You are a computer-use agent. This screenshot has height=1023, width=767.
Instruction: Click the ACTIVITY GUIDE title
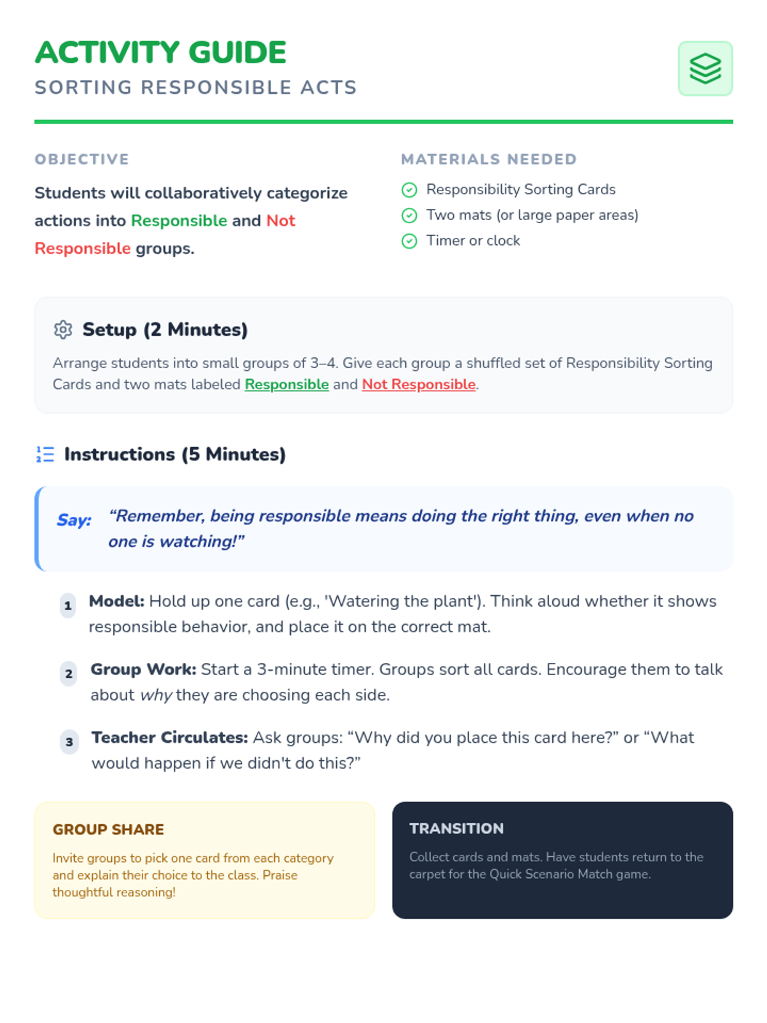point(160,52)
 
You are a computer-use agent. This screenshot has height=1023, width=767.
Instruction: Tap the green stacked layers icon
point(705,68)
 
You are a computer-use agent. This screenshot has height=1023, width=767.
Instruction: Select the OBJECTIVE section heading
point(82,159)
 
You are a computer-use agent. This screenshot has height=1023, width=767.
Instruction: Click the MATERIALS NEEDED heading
point(489,159)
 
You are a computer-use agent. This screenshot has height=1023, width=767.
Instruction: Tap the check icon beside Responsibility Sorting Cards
point(409,190)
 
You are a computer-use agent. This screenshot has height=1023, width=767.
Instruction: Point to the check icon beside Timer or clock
point(409,241)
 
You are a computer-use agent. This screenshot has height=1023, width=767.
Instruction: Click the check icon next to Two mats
point(409,215)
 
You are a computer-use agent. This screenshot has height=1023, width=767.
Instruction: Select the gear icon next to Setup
point(63,330)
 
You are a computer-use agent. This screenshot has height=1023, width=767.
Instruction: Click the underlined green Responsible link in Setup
point(286,384)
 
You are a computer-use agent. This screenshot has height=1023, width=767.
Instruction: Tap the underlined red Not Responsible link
point(419,384)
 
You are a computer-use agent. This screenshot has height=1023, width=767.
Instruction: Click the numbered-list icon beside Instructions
point(45,455)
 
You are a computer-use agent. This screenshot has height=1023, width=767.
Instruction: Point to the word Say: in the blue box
point(74,520)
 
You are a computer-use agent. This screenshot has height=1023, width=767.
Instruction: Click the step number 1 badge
point(68,605)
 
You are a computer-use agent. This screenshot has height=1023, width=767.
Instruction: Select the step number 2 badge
point(69,674)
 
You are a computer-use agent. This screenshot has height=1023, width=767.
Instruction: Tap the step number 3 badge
point(70,742)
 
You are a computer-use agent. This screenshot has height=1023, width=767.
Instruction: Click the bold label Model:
point(117,601)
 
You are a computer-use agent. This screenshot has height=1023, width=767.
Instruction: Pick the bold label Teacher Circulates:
point(169,737)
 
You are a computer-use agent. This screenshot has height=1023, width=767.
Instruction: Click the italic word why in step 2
point(156,695)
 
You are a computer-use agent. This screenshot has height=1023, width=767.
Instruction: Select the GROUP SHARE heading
point(108,829)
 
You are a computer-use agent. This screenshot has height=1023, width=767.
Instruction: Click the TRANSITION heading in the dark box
point(456,828)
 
